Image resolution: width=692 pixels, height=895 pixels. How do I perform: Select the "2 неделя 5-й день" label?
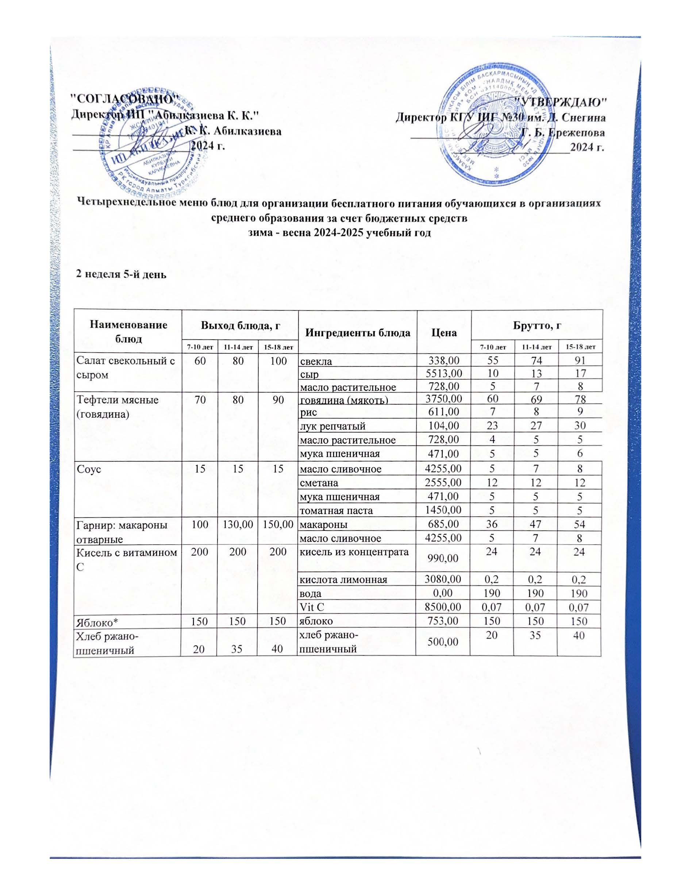pos(121,274)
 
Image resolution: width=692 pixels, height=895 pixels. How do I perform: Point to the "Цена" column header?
pos(443,332)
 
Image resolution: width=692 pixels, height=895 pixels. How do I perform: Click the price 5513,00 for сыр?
pos(443,373)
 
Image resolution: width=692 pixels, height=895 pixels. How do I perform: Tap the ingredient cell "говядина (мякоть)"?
pos(343,400)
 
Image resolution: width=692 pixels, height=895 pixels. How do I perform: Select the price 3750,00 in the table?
pos(443,399)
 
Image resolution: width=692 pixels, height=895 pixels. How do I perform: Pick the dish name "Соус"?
pos(89,469)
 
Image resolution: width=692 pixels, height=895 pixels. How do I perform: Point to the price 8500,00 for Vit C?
pos(443,606)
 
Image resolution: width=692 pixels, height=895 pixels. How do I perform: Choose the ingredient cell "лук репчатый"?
pos(332,426)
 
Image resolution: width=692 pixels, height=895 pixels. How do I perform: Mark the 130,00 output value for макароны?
pos(237,524)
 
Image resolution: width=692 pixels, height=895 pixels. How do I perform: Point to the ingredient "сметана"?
pos(319,483)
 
